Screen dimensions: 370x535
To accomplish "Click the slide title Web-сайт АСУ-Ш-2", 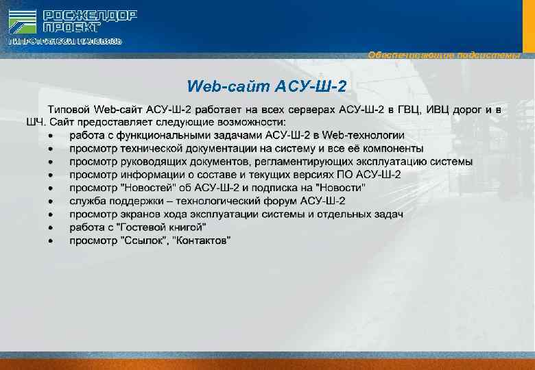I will (x=267, y=86).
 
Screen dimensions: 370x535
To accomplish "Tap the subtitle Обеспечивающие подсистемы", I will (x=444, y=55).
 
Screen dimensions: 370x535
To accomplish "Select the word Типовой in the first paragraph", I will (x=68, y=110).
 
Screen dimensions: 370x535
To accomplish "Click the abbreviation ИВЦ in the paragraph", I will (x=446, y=110).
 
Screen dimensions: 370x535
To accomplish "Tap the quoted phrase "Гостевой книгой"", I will (x=162, y=227).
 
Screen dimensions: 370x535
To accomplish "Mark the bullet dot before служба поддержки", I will (x=51, y=201).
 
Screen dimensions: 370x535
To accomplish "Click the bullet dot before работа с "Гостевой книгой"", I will (x=51, y=227).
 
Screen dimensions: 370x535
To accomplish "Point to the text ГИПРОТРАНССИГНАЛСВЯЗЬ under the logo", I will (x=65, y=42).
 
